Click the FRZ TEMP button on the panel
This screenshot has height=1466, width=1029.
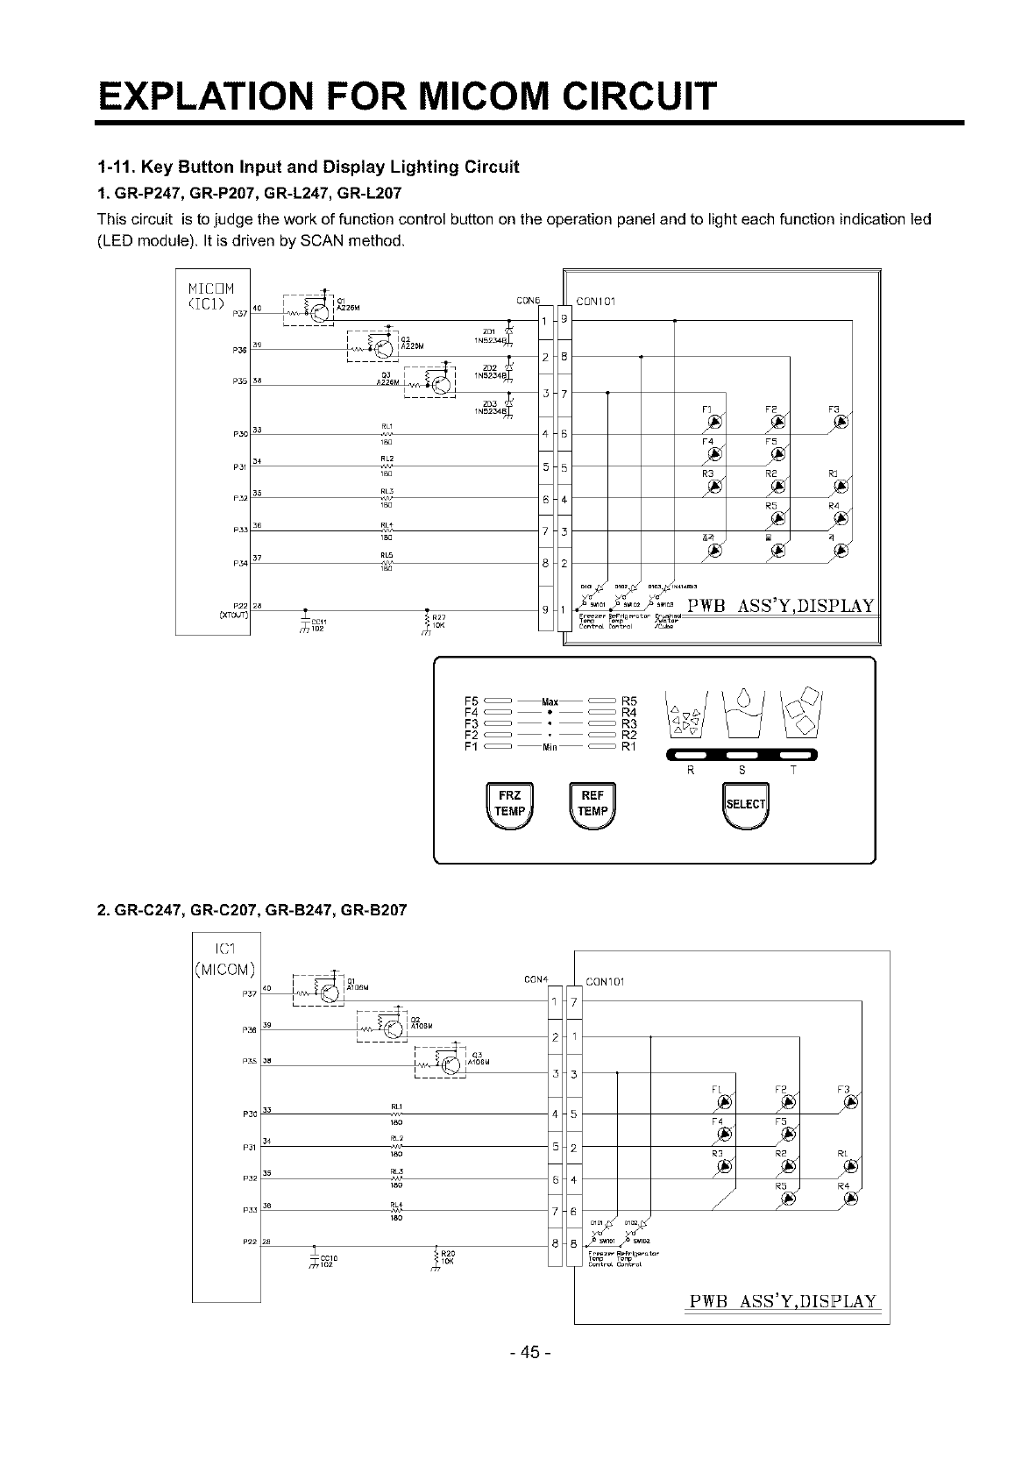pos(509,803)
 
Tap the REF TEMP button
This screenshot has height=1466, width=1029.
pos(593,803)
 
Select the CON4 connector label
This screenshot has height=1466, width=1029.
pos(535,978)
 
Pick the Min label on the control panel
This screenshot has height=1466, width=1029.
pos(550,747)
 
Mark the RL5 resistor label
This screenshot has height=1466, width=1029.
pos(386,555)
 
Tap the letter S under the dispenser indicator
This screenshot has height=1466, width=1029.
pos(742,771)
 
